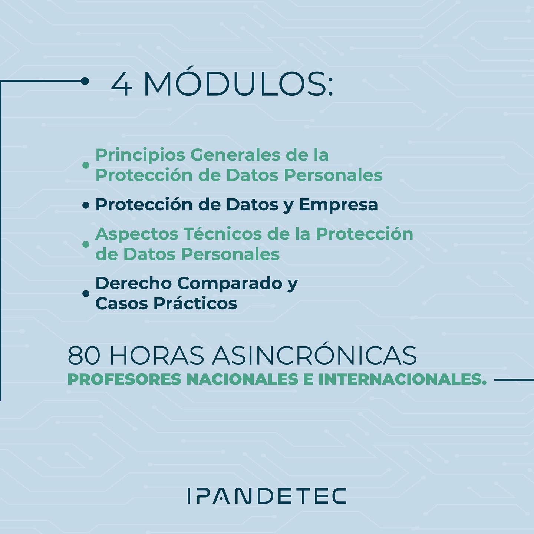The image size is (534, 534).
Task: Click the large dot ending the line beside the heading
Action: pos(85,81)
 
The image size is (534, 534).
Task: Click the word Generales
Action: pos(235,155)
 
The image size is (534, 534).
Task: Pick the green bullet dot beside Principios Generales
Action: pos(86,165)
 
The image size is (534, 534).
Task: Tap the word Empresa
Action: pos(338,205)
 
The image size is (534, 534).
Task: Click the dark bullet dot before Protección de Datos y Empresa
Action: pos(86,205)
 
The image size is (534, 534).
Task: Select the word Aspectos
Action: pos(137,234)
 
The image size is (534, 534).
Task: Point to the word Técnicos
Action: pos(223,234)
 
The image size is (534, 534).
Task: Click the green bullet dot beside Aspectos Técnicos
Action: pos(86,244)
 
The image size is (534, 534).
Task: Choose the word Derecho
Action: pos(133,283)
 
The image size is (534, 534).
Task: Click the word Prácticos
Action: pos(195,303)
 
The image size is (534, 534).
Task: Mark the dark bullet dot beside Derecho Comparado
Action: pos(86,293)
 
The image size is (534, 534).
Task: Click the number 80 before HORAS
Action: pos(84,356)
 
